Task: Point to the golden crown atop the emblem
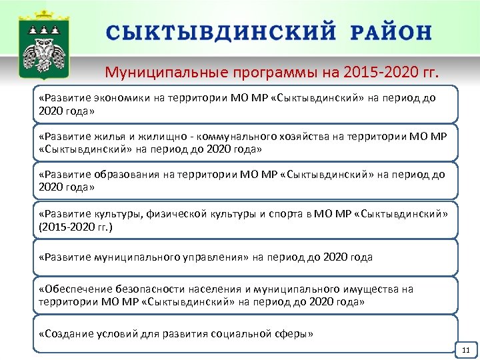(x=43, y=15)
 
